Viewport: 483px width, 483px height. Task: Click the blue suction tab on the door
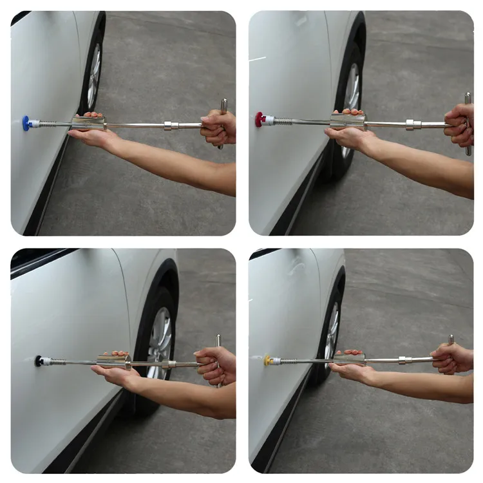tap(26, 122)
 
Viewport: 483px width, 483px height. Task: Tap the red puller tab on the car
tap(260, 119)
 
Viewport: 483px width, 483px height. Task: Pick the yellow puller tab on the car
tap(268, 361)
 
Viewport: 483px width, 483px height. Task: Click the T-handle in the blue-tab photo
tap(223, 122)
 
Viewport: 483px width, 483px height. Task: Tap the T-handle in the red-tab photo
tap(468, 123)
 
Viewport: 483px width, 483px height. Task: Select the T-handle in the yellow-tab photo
tap(451, 351)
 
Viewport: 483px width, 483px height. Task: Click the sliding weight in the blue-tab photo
tap(88, 123)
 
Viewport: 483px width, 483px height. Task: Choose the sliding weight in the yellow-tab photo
tap(349, 358)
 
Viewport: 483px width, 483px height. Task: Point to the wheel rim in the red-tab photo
tap(352, 97)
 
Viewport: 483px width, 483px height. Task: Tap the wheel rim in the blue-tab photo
tap(94, 77)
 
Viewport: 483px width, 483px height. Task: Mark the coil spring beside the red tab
tap(281, 120)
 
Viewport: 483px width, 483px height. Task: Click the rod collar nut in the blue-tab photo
tap(171, 126)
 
